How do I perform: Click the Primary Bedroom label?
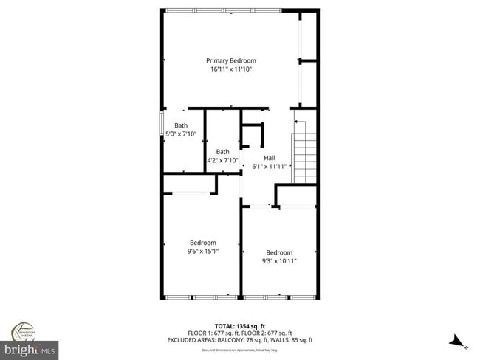(x=230, y=60)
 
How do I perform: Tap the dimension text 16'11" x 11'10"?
(x=230, y=69)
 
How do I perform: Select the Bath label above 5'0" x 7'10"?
(x=181, y=125)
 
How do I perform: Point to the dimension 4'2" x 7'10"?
(x=222, y=160)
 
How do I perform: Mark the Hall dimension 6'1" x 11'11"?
(x=269, y=167)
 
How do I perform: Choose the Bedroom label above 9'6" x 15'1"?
(x=202, y=243)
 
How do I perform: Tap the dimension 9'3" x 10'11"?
(x=279, y=260)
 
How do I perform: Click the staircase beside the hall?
(x=305, y=157)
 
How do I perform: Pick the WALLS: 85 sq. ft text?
(x=292, y=340)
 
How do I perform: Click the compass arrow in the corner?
(x=459, y=341)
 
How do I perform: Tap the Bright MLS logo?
(x=30, y=348)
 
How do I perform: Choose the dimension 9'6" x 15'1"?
(x=202, y=252)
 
